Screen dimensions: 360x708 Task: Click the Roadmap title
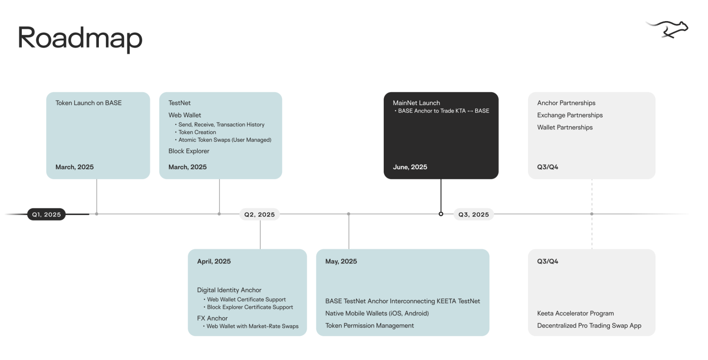tap(80, 38)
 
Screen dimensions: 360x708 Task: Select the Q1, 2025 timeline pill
tap(46, 214)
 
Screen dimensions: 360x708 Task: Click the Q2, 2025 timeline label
tap(259, 214)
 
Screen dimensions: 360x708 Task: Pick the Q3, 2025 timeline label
tap(474, 214)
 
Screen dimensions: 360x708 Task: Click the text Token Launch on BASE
tap(88, 103)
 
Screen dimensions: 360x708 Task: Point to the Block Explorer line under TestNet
tap(189, 151)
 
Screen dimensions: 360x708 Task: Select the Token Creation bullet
tap(197, 132)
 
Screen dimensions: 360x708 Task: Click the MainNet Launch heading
tap(416, 103)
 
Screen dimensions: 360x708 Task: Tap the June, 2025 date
tap(410, 167)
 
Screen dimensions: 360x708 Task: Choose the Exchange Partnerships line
tap(570, 115)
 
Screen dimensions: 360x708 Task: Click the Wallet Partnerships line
tap(565, 127)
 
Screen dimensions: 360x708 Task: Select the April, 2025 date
tap(214, 261)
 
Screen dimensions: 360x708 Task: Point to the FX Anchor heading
tap(212, 318)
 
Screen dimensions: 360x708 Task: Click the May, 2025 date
tap(341, 261)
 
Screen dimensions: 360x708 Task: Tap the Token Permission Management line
tap(369, 326)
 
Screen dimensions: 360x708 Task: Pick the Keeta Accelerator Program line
tap(575, 313)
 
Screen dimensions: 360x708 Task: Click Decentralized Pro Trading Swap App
tap(589, 326)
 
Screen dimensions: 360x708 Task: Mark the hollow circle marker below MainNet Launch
tap(441, 214)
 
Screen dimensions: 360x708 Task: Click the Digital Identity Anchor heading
tap(229, 290)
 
